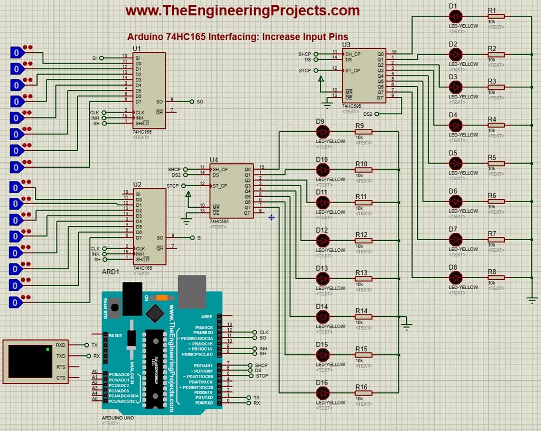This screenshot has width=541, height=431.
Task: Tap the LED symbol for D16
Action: (322, 393)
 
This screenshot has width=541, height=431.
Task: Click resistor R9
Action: (363, 132)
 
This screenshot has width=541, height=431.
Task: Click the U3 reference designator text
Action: (346, 44)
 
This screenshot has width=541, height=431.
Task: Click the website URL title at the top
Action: (242, 10)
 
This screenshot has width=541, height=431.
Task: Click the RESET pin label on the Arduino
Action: (116, 335)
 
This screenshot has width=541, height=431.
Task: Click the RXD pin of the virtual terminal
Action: (61, 345)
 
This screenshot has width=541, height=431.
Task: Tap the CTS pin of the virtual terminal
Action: (61, 378)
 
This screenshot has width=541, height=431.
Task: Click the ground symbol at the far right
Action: (531, 300)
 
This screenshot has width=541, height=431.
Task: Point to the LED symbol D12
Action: (322, 241)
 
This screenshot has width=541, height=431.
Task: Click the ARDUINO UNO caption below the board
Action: (118, 418)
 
